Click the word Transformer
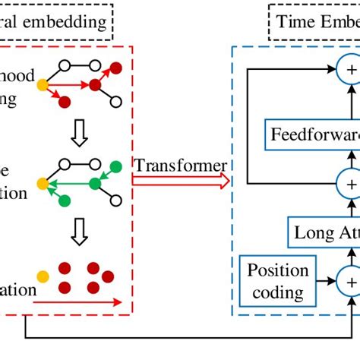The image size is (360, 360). pos(181,165)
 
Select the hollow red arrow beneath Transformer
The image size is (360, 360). pos(181,181)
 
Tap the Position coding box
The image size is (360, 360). pos(278,282)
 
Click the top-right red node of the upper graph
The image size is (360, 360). pos(115,68)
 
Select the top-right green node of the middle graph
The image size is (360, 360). pos(115,166)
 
